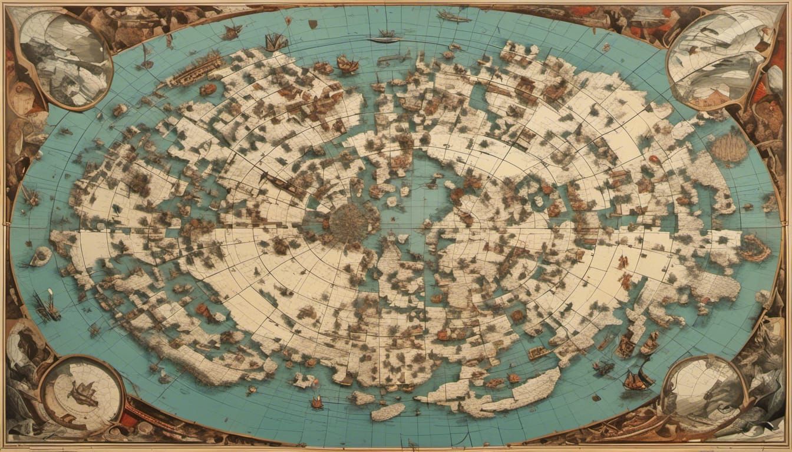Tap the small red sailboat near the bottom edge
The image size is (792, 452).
point(317,402)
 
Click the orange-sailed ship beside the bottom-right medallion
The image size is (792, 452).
point(635,381)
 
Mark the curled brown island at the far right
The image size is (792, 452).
point(754,248)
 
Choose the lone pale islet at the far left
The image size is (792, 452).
point(41,255)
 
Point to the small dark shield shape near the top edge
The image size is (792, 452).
point(313,24)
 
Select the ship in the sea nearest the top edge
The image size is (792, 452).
point(454,16)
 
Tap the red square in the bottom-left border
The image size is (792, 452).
point(130,418)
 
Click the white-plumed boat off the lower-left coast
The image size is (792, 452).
point(47,306)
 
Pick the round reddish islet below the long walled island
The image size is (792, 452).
point(207,89)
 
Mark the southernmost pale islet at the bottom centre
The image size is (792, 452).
point(388,411)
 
